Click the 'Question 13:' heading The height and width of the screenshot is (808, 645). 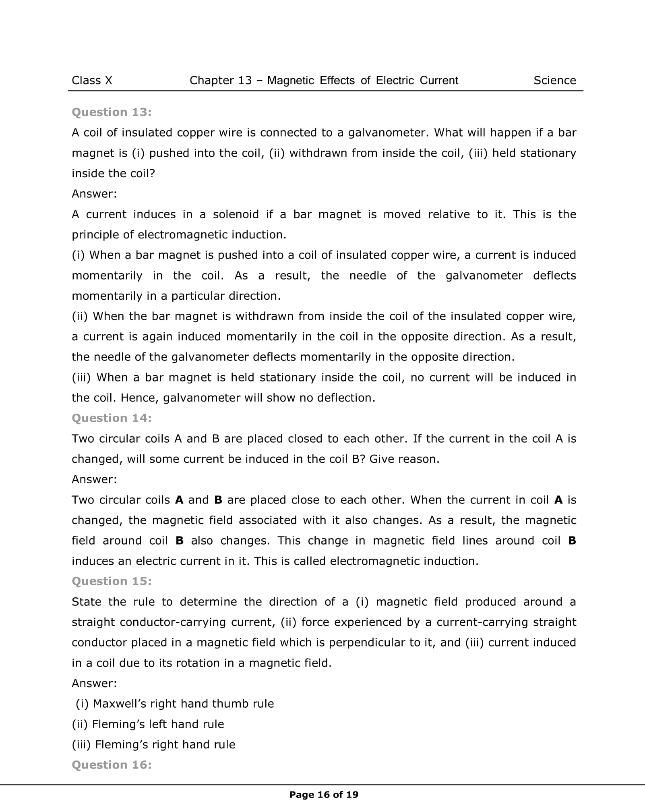point(112,112)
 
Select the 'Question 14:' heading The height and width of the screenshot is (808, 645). point(112,418)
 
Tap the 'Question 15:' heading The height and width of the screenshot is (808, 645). point(112,581)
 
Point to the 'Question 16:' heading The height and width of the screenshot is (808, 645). point(112,765)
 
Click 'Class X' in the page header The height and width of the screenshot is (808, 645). point(92,81)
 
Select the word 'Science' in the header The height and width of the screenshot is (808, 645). point(554,81)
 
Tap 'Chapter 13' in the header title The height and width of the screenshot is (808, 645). point(220,81)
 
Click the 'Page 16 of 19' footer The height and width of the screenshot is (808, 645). point(324,795)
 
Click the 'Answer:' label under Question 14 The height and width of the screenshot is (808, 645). point(94,479)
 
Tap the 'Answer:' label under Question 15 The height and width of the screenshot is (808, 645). point(94,683)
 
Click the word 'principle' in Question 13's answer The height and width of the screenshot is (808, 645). point(95,235)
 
